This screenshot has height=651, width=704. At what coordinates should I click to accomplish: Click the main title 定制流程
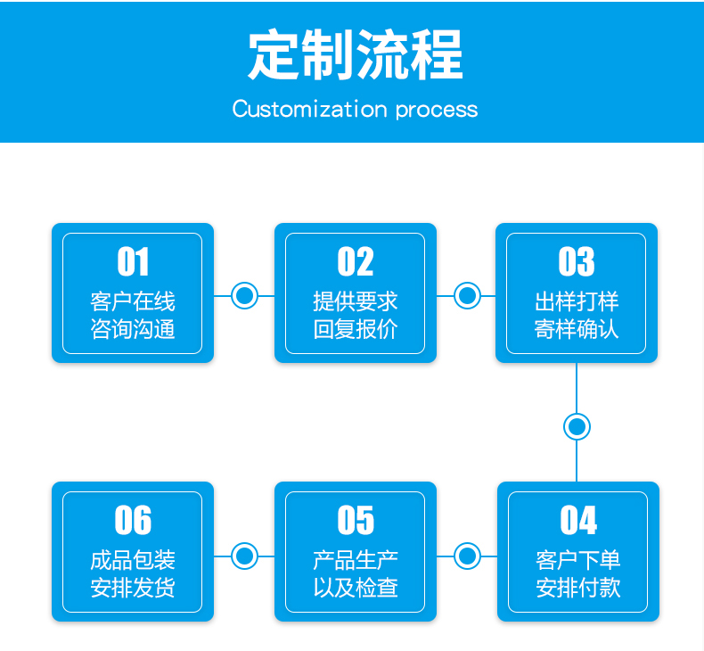pos(356,54)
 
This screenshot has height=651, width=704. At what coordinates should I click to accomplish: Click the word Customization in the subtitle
pos(309,109)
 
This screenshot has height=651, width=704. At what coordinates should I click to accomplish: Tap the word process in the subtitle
pos(437,111)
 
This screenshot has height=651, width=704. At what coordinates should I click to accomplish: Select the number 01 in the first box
pos(133,261)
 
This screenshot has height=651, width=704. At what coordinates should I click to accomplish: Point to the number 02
pos(356,261)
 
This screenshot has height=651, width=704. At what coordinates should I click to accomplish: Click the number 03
pos(577,261)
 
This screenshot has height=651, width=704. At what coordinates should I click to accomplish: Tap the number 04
pos(578,520)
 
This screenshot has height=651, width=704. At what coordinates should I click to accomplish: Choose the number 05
pos(356,520)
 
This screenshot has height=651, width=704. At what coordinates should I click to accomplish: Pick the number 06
pos(133,520)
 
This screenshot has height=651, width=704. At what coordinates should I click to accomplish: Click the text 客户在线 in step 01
pos(133,301)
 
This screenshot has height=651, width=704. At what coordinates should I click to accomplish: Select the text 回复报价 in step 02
pos(356,329)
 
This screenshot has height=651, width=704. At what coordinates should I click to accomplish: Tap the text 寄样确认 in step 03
pos(577,329)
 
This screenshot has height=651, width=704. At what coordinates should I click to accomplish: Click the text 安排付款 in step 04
pos(578,588)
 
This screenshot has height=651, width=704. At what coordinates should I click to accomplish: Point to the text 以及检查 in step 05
pos(356,588)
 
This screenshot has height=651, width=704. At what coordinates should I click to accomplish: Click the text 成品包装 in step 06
pos(133,560)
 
